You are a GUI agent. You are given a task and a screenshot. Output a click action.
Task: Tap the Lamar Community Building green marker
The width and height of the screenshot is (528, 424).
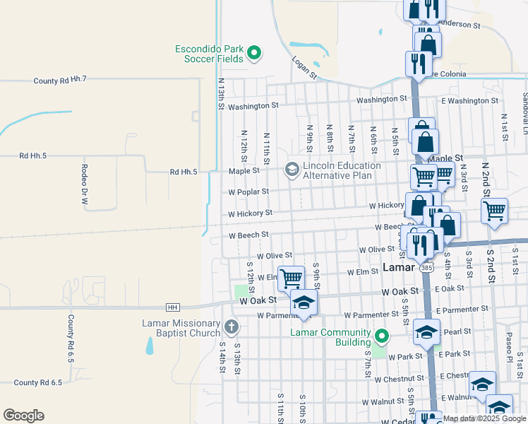tap(382, 336)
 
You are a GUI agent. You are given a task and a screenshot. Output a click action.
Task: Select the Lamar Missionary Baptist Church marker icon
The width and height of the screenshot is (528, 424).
tap(232, 326)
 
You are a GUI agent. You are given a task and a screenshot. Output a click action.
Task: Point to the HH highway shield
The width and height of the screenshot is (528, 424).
tap(172, 307)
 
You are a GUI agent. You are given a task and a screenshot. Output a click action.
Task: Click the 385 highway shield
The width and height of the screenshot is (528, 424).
tap(426, 269)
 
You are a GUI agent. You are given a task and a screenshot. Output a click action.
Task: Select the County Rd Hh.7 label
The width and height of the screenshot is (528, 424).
tap(59, 81)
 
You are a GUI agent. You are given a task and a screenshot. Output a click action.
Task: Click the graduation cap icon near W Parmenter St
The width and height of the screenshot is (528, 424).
tap(304, 302)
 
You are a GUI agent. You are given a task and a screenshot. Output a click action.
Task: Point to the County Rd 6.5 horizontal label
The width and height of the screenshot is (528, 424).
tap(37, 382)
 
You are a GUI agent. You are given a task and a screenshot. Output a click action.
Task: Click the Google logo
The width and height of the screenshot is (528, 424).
tap(23, 416)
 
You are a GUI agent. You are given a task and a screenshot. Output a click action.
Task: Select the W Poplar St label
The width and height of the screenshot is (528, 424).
tap(248, 192)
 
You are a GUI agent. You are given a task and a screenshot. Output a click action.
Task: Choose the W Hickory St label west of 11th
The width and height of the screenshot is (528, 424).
tap(250, 213)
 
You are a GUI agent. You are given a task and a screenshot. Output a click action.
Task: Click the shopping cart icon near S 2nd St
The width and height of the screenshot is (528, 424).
tap(494, 210)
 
